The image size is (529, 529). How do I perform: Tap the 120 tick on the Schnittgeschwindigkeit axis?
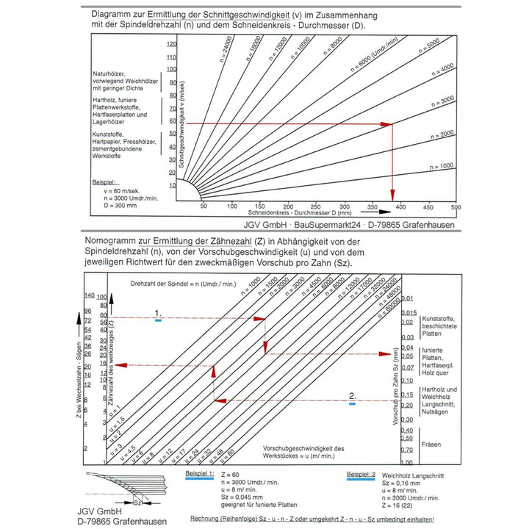click(172, 45)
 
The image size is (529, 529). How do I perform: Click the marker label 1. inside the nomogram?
click(158, 312)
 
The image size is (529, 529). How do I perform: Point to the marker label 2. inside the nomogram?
click(353, 396)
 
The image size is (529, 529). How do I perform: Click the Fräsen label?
click(432, 445)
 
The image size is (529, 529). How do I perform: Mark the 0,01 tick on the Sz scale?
click(409, 298)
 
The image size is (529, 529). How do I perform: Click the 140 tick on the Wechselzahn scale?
click(91, 295)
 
